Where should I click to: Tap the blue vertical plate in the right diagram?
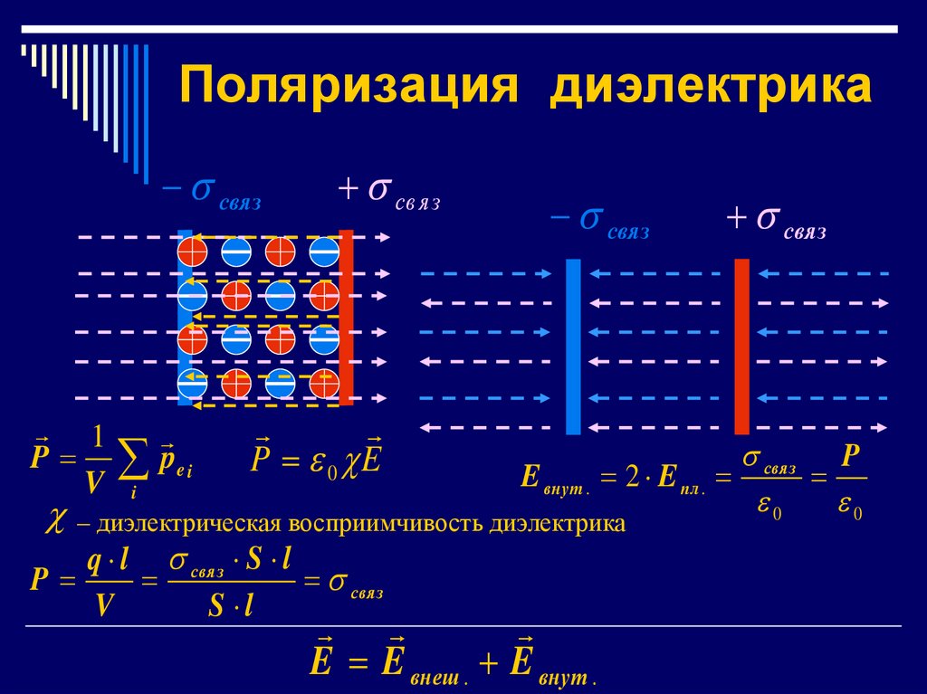pos(572,347)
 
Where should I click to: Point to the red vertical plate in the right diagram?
pos(741,347)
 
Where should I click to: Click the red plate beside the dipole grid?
pos(346,317)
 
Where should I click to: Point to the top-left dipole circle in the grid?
pos(192,247)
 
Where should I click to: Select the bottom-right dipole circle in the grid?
pos(324,384)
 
